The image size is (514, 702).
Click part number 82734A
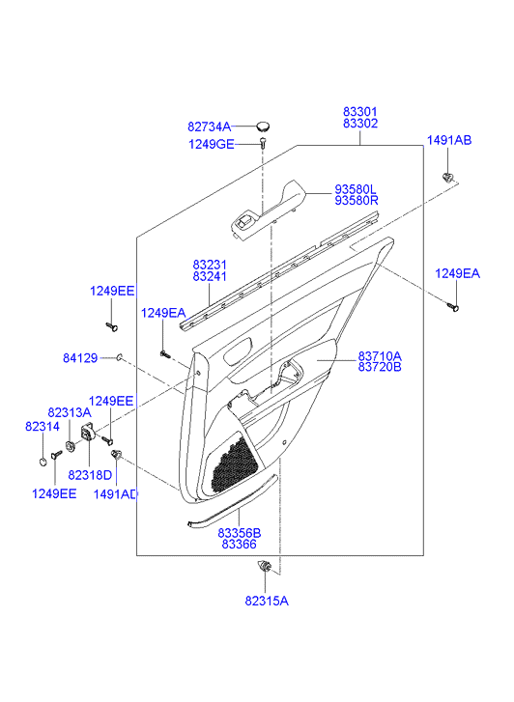tap(209, 127)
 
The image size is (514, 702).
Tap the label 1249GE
tap(211, 144)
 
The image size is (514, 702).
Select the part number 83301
tap(360, 111)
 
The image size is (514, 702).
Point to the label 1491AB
tap(448, 140)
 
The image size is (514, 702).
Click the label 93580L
tap(356, 189)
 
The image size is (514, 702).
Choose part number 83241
tap(210, 277)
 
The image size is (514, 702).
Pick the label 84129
tap(80, 358)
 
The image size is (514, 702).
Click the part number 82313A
tap(70, 412)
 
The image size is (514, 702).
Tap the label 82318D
tap(90, 475)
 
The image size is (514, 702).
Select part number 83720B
tap(380, 367)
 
